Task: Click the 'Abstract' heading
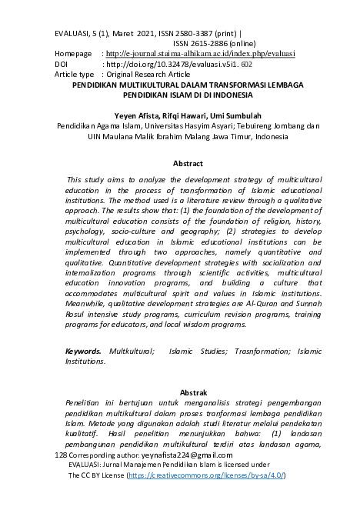pos(188,163)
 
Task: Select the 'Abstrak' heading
pos(188,392)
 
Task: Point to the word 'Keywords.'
pos(83,350)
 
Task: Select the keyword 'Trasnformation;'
pos(253,350)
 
